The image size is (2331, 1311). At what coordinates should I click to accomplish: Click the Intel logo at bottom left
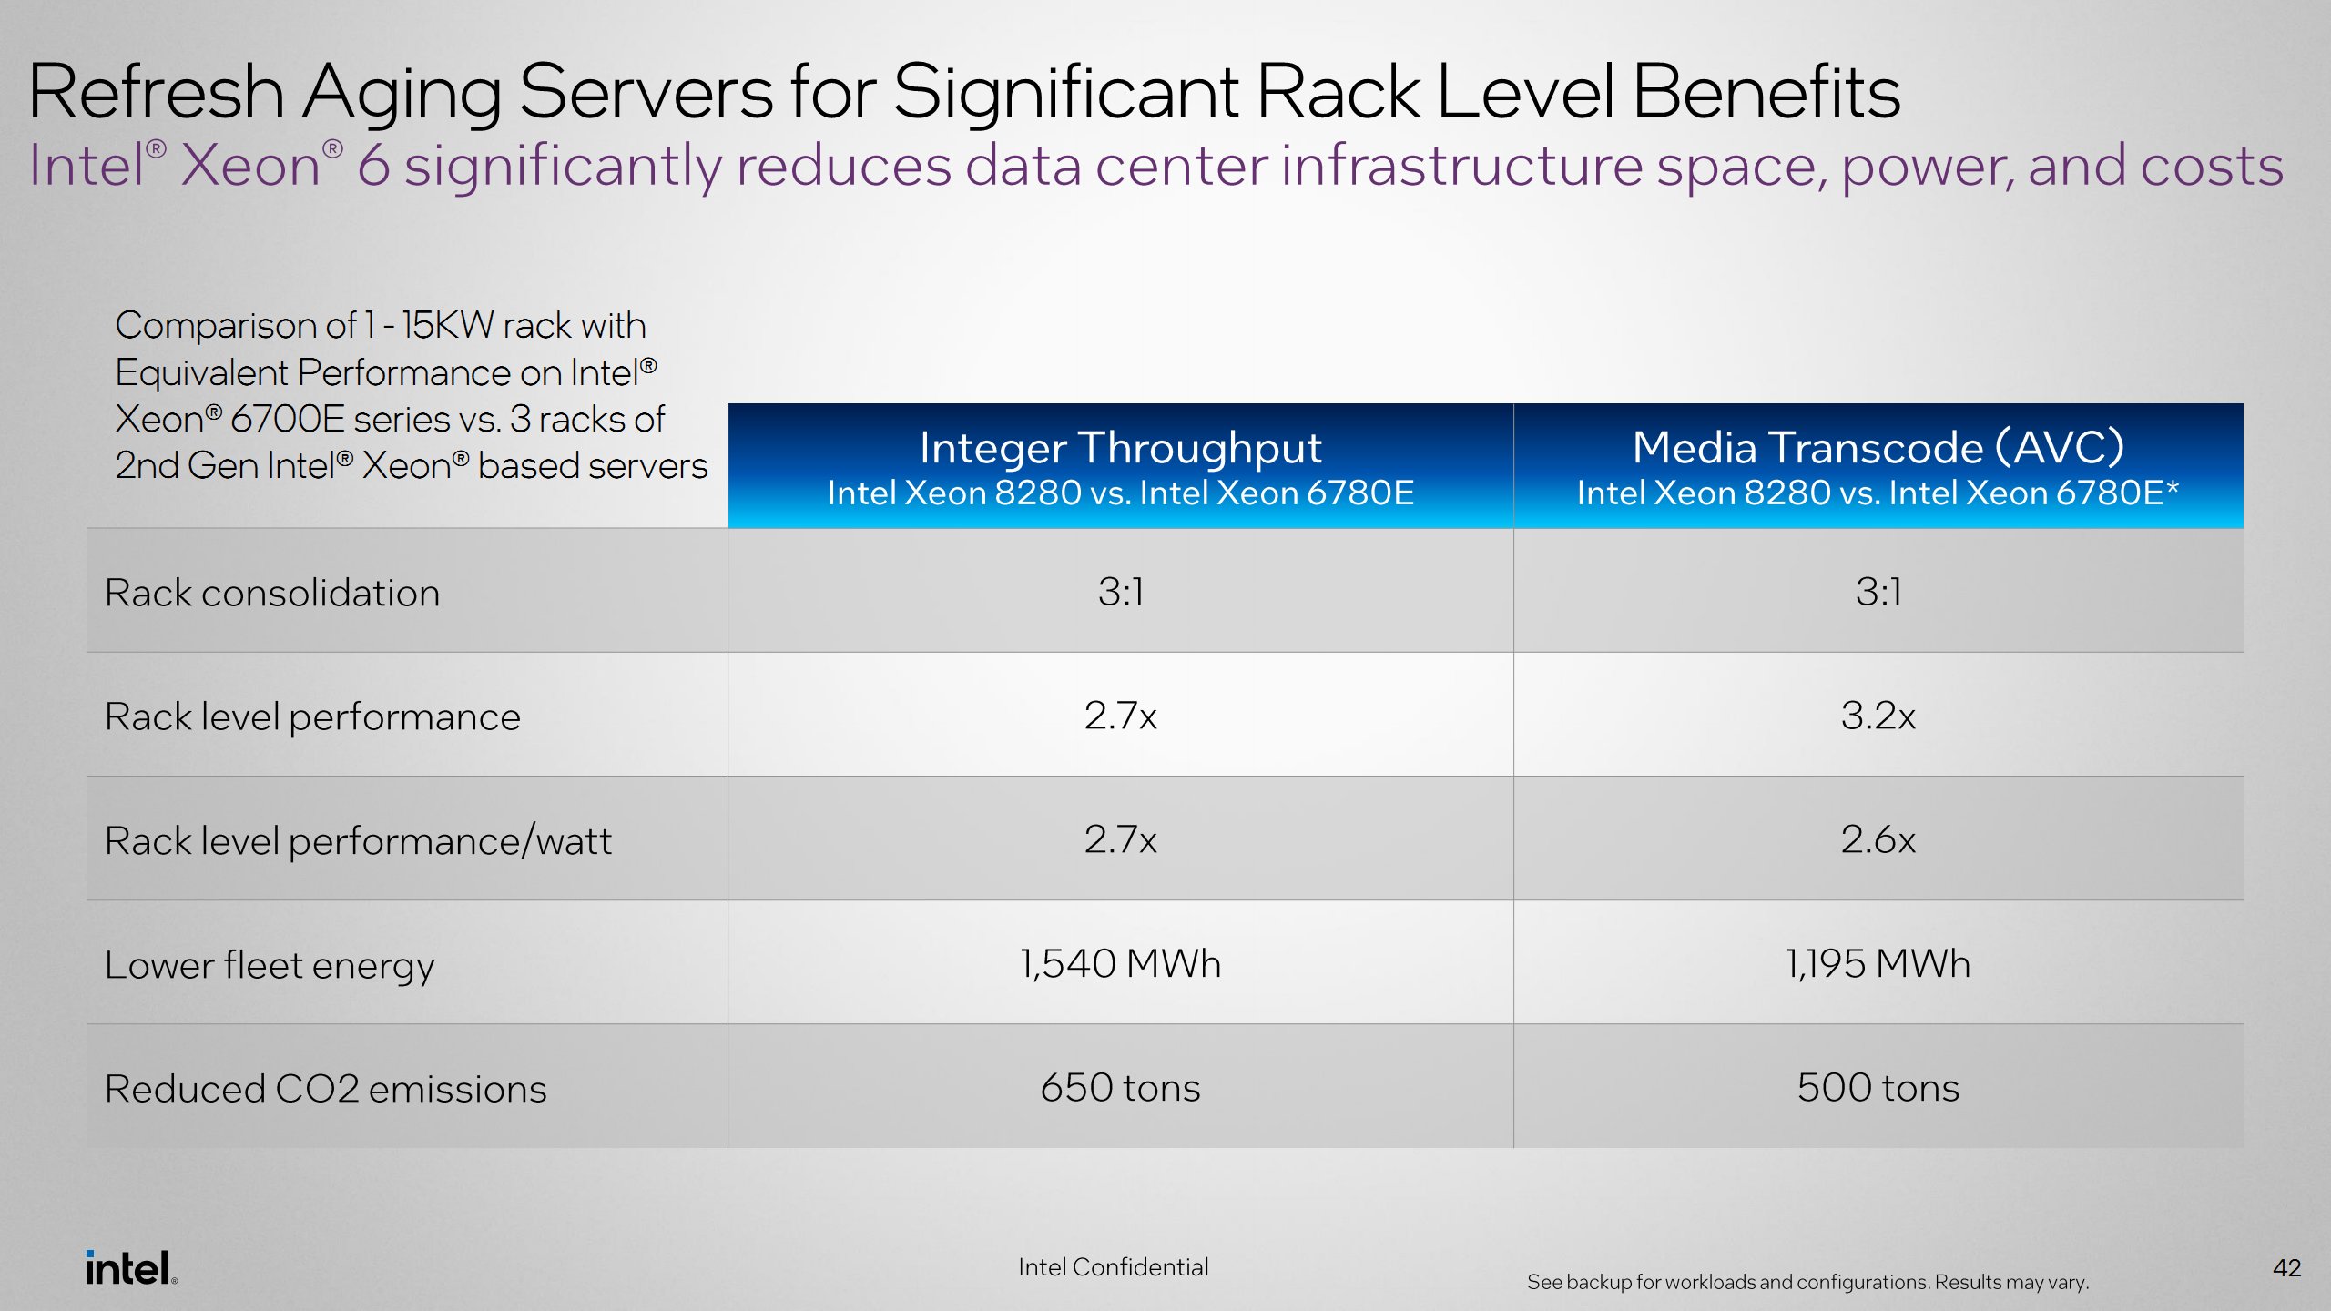[130, 1268]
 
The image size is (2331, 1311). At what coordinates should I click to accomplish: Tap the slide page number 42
[2286, 1268]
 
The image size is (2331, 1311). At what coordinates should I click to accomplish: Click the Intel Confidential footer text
[1113, 1267]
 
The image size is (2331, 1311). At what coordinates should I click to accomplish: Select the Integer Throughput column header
[1120, 448]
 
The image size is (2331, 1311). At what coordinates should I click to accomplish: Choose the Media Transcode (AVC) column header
[1878, 448]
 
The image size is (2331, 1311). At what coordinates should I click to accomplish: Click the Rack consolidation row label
[272, 593]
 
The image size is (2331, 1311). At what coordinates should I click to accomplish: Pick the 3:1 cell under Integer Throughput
[1120, 592]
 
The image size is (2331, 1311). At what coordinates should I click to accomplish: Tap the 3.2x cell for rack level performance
[1878, 716]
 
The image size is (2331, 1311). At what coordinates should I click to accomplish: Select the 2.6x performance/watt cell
[1878, 839]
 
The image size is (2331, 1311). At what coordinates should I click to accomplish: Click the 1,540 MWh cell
[1120, 963]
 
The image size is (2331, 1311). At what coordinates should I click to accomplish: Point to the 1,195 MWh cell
[1878, 963]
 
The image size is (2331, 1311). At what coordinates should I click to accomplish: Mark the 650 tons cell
[1120, 1088]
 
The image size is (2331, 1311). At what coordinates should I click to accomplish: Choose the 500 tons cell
[1878, 1088]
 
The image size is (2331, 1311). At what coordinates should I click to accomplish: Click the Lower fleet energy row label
[270, 965]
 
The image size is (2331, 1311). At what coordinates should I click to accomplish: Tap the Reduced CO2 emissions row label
[325, 1089]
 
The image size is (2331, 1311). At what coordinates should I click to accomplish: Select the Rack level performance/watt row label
[358, 841]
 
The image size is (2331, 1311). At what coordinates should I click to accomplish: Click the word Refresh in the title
[157, 92]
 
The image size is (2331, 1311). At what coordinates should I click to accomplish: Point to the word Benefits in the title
[1766, 92]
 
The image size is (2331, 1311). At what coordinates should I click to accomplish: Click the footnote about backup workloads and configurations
[1807, 1282]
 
